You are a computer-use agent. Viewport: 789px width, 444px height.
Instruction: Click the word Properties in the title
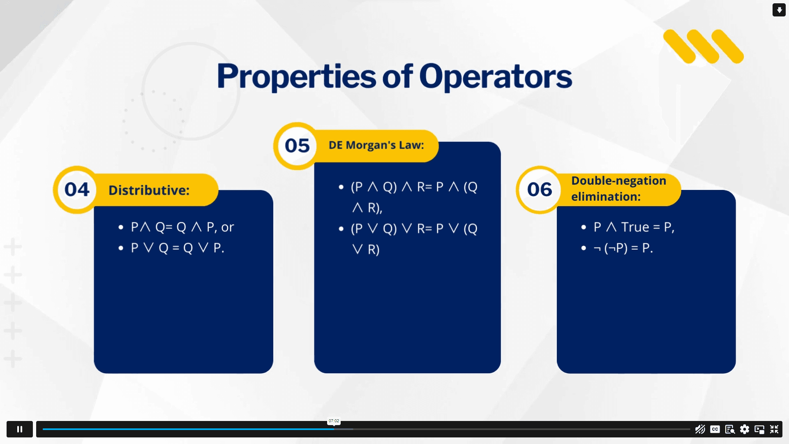coord(296,77)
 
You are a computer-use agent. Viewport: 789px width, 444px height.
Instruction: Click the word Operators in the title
coord(496,77)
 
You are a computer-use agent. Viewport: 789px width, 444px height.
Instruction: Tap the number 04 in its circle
coord(77,190)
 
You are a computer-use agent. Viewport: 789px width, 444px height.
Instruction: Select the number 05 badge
coord(297,146)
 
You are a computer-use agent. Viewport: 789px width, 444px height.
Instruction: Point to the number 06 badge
coord(540,190)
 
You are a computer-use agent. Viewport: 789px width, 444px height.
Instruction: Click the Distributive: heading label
coord(149,190)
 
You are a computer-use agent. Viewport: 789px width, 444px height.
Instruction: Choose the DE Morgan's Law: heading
coord(376,145)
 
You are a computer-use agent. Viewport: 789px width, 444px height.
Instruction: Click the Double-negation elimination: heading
coord(618,189)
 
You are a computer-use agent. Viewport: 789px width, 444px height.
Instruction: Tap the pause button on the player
coord(20,429)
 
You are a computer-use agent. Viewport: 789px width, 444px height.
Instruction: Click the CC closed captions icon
coord(715,429)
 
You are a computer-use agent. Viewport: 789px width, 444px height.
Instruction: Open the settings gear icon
coord(745,429)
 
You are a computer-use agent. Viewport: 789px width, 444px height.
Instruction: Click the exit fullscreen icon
coord(774,429)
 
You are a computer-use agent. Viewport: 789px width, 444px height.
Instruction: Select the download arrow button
coord(779,10)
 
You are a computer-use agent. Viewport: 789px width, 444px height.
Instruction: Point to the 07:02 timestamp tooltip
coord(334,421)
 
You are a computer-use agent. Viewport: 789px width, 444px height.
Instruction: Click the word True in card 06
coord(635,227)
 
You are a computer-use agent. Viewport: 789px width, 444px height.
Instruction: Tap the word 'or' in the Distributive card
coord(228,227)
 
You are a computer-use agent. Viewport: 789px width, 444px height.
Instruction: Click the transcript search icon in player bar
coord(730,429)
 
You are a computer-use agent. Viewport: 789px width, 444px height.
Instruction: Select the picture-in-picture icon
coord(759,429)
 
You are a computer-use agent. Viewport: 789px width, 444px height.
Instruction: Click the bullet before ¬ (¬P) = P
coord(584,248)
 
